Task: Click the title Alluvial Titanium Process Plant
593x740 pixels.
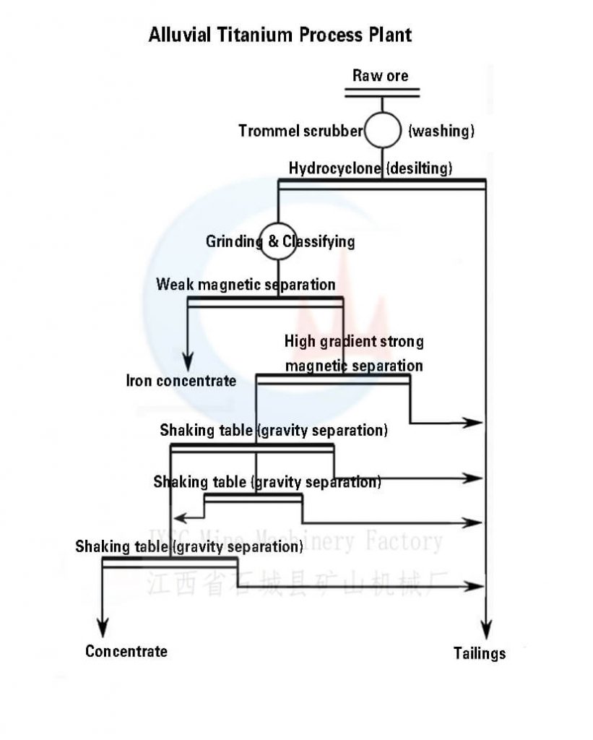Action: pyautogui.click(x=280, y=34)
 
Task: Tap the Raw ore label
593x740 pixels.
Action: pyautogui.click(x=380, y=75)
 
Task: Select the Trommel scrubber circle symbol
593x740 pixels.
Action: pyautogui.click(x=382, y=131)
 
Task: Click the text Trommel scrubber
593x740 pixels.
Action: pyautogui.click(x=300, y=131)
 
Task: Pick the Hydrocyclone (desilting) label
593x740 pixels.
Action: pyautogui.click(x=371, y=168)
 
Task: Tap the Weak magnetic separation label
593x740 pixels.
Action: pyautogui.click(x=246, y=285)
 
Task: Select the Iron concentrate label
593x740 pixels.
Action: pyautogui.click(x=181, y=381)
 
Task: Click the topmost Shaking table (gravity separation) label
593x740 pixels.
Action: pyautogui.click(x=274, y=431)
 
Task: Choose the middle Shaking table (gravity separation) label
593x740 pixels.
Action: pyautogui.click(x=267, y=481)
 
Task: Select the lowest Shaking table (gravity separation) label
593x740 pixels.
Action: pyautogui.click(x=189, y=546)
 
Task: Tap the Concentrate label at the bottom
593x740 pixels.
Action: pyautogui.click(x=126, y=651)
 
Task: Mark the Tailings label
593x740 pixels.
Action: pyautogui.click(x=480, y=653)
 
